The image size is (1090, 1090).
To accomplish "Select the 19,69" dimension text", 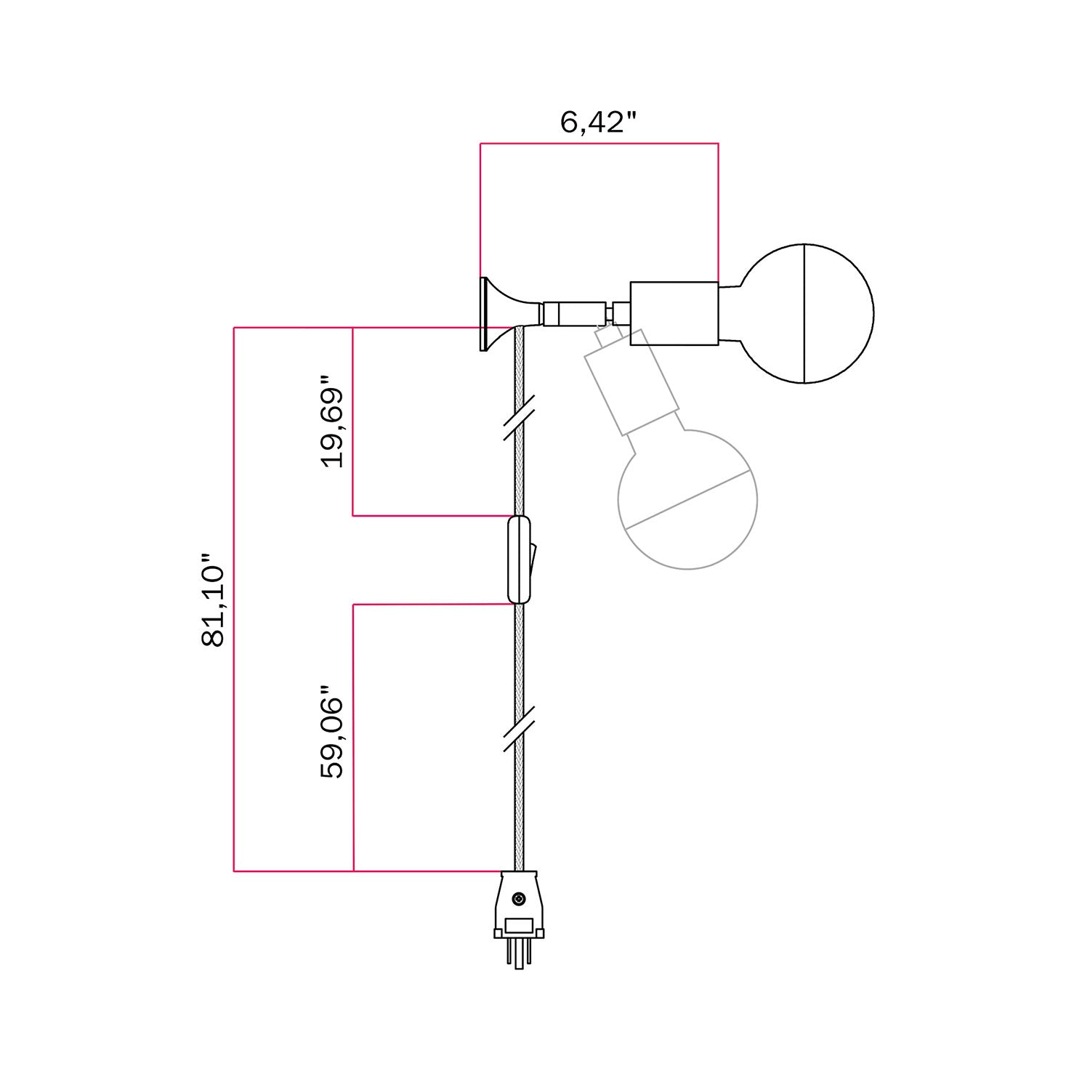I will [x=332, y=421].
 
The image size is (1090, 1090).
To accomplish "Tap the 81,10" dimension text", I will [x=214, y=600].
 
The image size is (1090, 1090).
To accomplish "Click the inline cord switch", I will [x=518, y=560].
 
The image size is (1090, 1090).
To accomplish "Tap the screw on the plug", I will [x=518, y=900].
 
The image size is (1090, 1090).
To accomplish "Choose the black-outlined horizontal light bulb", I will [x=807, y=314].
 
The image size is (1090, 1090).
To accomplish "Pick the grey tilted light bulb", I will [x=687, y=499].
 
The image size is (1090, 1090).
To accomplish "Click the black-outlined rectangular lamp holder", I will [x=674, y=313].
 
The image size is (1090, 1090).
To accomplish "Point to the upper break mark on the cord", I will [x=519, y=418].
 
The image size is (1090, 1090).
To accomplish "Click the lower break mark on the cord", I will [x=519, y=728].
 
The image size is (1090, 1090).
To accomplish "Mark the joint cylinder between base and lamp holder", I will [x=574, y=314].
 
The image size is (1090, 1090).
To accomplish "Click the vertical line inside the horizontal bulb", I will [x=804, y=314].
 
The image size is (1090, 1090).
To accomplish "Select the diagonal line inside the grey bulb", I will [x=687, y=499].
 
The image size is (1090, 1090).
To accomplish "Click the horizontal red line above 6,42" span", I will [x=599, y=143].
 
